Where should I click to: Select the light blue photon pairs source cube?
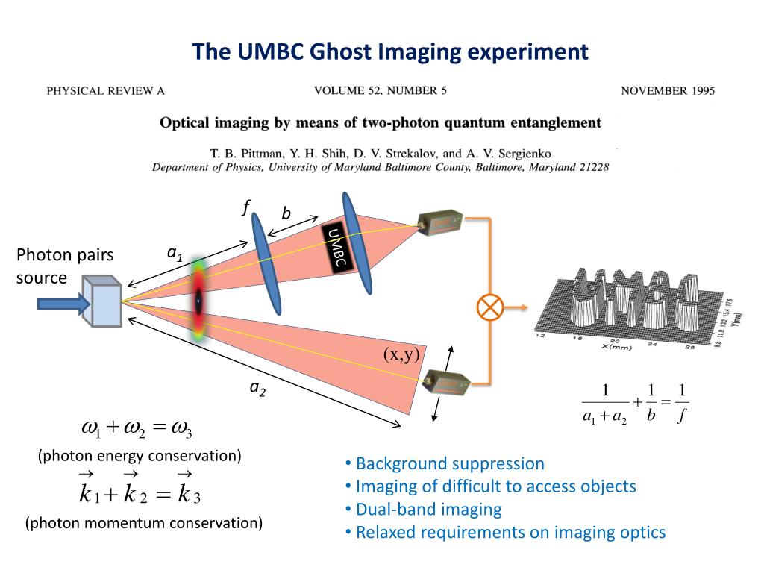(104, 302)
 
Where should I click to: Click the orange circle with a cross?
(490, 307)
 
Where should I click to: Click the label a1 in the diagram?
(175, 254)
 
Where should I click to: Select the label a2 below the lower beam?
(258, 388)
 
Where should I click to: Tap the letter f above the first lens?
(245, 208)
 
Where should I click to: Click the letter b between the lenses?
(285, 214)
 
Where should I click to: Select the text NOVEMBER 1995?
(667, 91)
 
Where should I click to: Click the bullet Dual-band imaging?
(428, 510)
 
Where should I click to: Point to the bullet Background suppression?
(450, 463)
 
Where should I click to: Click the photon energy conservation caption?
(140, 456)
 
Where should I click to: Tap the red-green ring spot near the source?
(199, 301)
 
